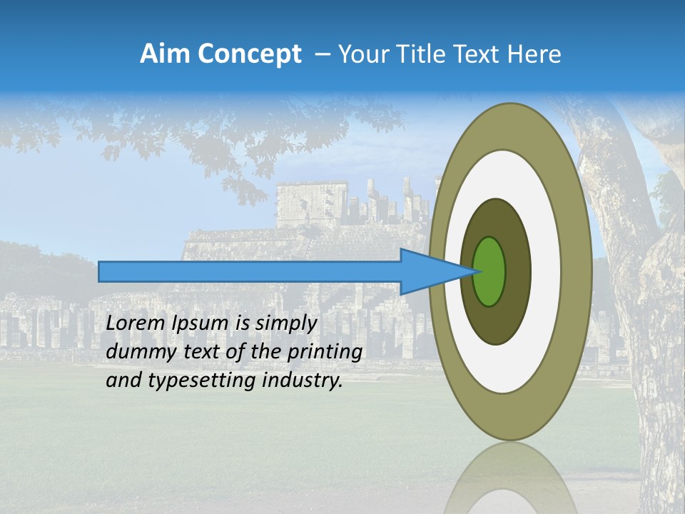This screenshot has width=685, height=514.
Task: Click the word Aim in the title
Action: [166, 54]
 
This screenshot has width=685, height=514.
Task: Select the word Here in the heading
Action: [535, 54]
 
